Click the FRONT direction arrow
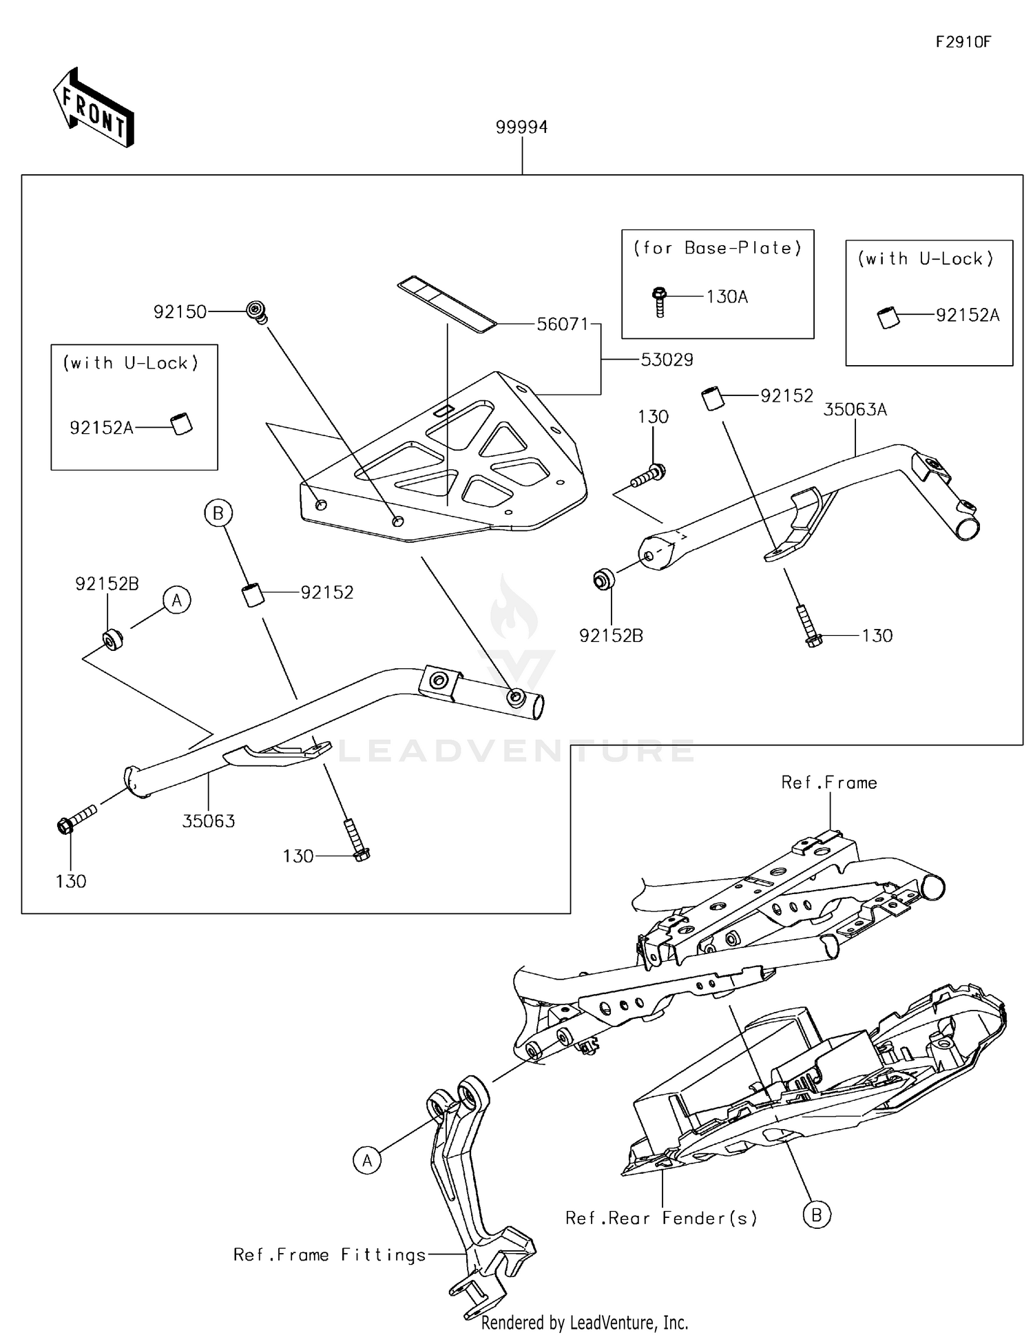93,109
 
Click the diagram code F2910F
962,42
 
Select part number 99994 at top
521,127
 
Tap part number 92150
180,312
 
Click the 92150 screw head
257,311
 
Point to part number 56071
562,324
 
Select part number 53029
666,360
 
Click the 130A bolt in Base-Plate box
659,300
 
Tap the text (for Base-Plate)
717,248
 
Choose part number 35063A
855,410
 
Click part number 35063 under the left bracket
208,821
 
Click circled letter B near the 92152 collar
218,513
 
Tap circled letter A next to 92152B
177,600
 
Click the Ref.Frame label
828,783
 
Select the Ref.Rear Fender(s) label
660,1218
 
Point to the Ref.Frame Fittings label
329,1254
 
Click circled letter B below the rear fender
816,1215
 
